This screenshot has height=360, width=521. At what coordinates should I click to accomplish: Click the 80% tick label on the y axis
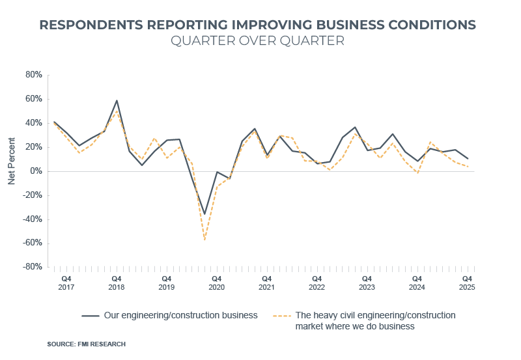(x=33, y=75)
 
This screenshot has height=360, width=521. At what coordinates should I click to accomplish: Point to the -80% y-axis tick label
(x=32, y=267)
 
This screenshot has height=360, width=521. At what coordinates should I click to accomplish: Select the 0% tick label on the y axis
(x=36, y=171)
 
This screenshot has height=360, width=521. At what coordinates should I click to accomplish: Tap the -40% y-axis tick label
(x=32, y=219)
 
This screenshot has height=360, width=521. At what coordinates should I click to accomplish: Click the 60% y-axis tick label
(x=33, y=99)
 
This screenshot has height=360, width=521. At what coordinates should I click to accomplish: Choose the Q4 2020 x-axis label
(x=216, y=282)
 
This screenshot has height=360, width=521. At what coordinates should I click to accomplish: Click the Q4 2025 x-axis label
(x=467, y=282)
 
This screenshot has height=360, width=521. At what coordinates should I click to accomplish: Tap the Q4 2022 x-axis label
(x=317, y=282)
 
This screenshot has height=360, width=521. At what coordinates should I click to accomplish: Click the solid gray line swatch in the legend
(x=91, y=316)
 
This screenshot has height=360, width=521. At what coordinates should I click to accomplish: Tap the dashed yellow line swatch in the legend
(x=281, y=316)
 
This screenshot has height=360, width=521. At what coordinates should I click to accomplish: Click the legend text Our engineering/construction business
(x=181, y=315)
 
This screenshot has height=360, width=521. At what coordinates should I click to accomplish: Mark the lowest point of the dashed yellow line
(x=204, y=240)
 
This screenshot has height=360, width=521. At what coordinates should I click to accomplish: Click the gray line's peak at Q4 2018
(x=117, y=100)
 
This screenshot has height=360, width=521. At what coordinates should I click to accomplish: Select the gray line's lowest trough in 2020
(x=204, y=214)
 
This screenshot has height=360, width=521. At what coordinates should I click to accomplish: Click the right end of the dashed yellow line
(x=468, y=167)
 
